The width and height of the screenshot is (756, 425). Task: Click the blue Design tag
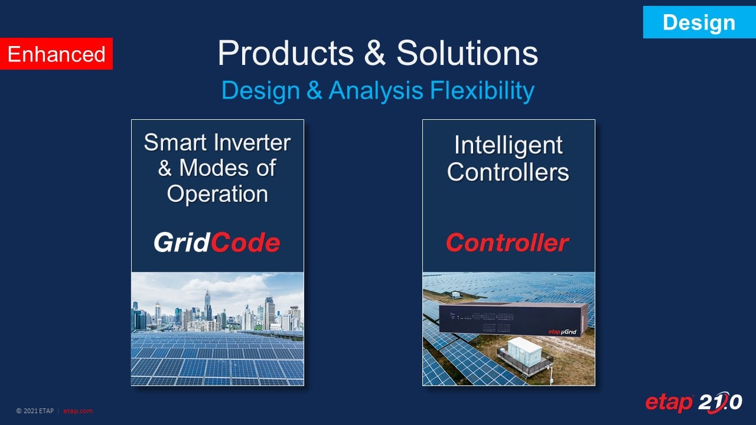699,22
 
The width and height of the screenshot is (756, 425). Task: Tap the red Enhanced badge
56,54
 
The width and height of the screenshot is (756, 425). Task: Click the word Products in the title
286,53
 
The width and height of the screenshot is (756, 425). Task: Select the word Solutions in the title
467,53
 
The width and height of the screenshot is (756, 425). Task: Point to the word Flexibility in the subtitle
482,91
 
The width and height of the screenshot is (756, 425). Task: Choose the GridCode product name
217,243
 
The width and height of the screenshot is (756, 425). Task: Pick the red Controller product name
507,243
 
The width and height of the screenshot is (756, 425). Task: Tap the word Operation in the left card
217,194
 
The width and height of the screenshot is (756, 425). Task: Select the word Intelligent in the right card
508,145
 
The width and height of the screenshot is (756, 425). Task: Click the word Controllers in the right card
508,172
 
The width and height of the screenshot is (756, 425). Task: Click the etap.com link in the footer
77,411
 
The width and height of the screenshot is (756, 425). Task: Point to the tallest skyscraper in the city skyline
207,305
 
